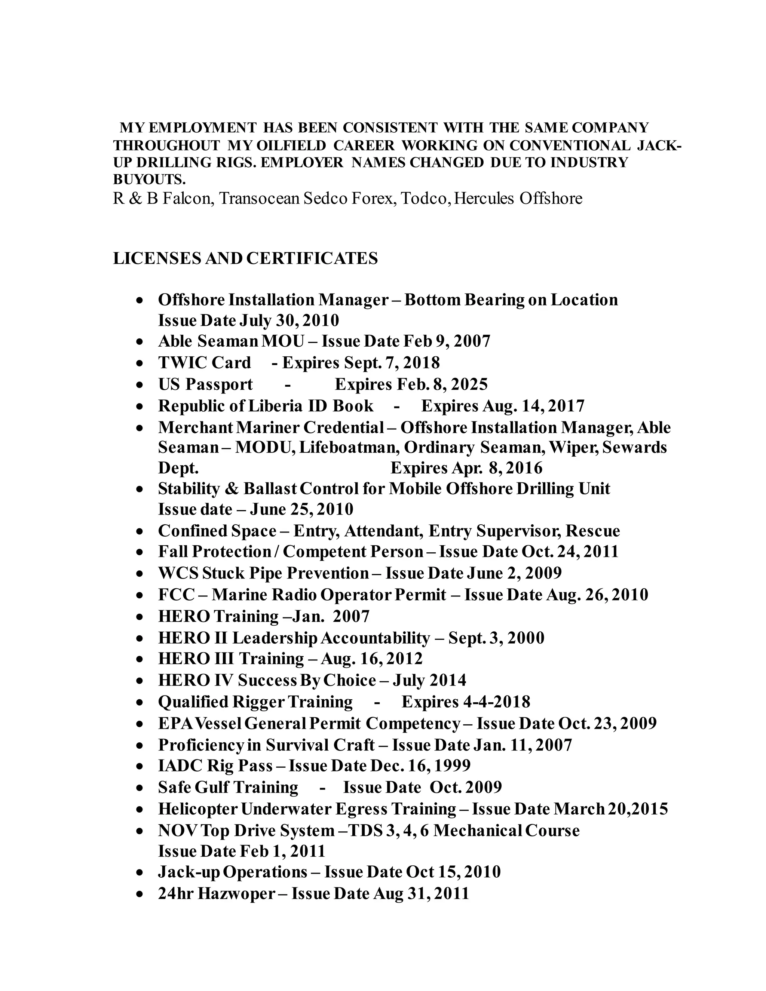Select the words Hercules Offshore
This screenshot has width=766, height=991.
click(518, 199)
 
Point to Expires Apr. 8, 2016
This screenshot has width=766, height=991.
click(466, 468)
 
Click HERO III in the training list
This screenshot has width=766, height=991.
click(195, 659)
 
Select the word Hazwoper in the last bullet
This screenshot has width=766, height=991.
click(236, 893)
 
